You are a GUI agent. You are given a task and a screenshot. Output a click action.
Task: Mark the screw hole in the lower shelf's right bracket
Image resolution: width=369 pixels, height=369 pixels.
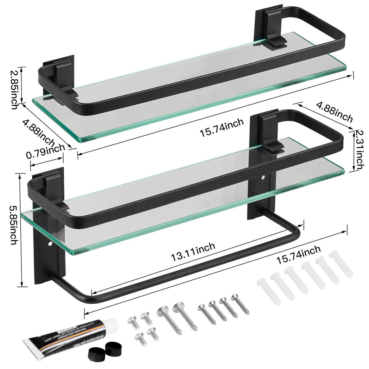[x=263, y=177]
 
